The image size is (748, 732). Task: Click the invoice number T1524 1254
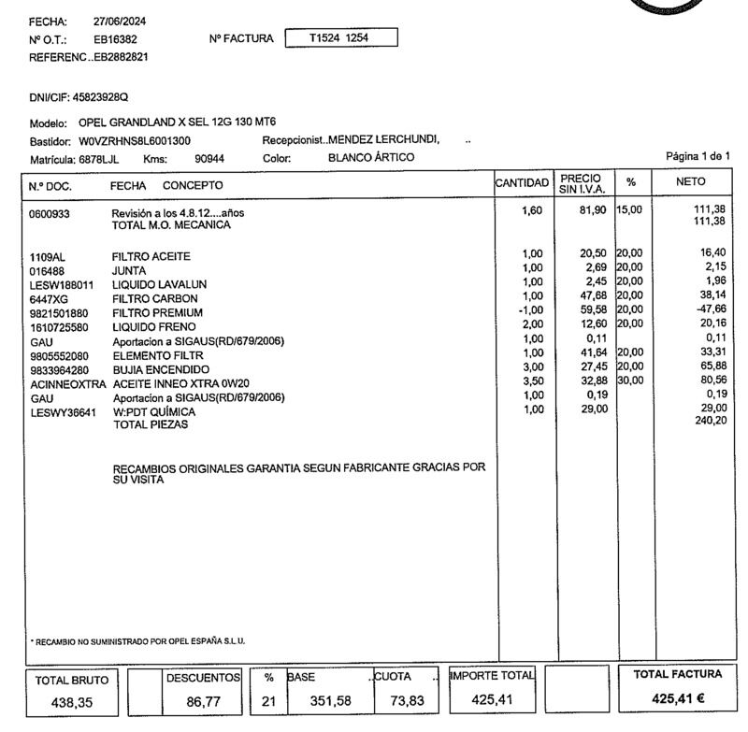click(x=340, y=38)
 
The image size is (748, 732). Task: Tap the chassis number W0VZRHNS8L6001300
click(x=136, y=140)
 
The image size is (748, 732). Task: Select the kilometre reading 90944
click(x=210, y=158)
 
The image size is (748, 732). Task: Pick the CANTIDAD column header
click(x=524, y=184)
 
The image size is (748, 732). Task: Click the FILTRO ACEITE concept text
click(x=151, y=256)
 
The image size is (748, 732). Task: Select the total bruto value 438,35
click(x=71, y=703)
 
